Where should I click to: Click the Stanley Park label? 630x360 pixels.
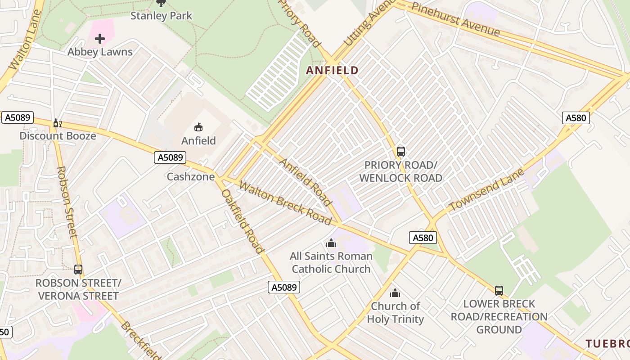click(161, 16)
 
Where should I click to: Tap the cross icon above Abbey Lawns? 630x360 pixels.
click(100, 39)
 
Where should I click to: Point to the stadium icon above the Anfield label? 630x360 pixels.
click(198, 127)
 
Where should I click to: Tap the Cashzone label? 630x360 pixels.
click(191, 177)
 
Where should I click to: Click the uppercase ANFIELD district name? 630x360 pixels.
click(333, 70)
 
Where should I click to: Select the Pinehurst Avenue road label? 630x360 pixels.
click(455, 20)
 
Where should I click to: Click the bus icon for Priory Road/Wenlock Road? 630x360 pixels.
click(400, 152)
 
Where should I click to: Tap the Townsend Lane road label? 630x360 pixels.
click(487, 190)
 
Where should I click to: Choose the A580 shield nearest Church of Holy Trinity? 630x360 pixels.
click(423, 238)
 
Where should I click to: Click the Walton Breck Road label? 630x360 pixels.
click(285, 203)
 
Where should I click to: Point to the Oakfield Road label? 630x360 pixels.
click(243, 221)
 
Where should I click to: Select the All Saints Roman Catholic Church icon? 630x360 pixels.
click(331, 243)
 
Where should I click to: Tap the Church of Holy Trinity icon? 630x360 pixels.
click(395, 293)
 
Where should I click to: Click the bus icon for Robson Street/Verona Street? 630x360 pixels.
click(78, 270)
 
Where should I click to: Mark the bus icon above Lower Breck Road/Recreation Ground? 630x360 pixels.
click(499, 291)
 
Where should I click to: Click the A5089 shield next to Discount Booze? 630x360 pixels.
click(18, 118)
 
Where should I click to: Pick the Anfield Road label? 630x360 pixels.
click(306, 180)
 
